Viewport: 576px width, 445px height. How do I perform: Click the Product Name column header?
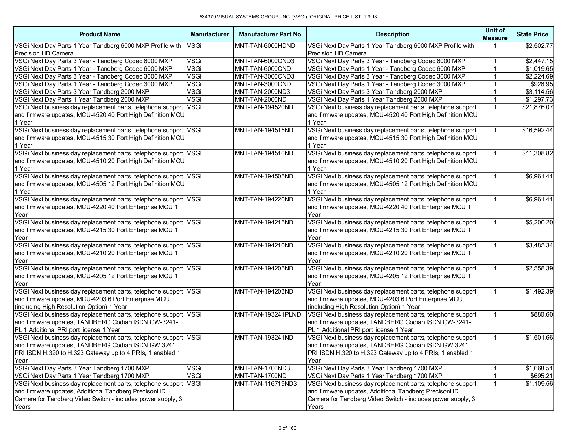pos(99,34)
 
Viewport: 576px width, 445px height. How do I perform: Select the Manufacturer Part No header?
pos(270,34)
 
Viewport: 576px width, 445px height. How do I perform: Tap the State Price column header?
pos(532,34)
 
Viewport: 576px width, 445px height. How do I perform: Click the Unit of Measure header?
pos(495,34)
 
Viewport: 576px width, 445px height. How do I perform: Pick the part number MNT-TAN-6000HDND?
pos(265,46)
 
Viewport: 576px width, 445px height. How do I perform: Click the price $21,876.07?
pos(537,107)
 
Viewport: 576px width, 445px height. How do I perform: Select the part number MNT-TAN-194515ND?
pos(264,130)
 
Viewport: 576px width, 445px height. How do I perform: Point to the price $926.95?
pos(541,84)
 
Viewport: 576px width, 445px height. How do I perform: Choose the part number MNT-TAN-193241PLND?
pos(268,314)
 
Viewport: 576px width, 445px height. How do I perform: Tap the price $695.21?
pos(541,376)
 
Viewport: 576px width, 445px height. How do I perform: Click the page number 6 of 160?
pos(287,428)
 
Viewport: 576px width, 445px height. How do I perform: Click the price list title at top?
pos(288,17)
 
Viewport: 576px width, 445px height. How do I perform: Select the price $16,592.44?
pos(537,130)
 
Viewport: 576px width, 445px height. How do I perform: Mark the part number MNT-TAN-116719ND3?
pos(265,384)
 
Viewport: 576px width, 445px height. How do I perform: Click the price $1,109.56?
pos(539,384)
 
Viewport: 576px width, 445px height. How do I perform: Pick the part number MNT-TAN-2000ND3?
pos(262,92)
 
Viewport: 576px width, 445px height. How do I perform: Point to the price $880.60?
pos(541,314)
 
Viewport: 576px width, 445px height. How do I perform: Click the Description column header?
pos(392,34)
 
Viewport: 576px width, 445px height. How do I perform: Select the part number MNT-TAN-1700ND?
pos(261,376)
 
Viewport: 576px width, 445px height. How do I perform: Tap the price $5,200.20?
pos(539,222)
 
